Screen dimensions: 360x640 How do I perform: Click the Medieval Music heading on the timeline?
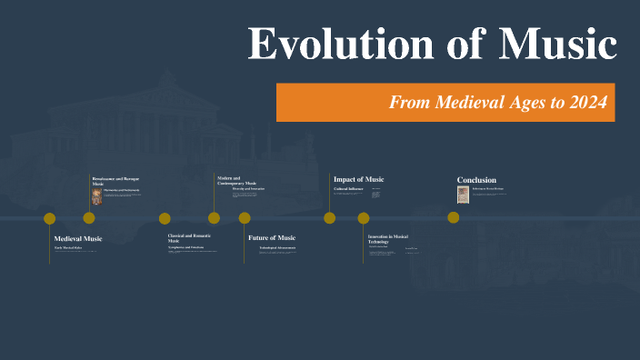(78, 238)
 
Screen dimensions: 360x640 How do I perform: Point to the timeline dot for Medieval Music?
(50, 218)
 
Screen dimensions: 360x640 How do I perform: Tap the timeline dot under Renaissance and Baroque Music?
(89, 218)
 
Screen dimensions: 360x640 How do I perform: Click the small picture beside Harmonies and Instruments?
(97, 196)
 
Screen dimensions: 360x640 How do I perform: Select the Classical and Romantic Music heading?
(189, 237)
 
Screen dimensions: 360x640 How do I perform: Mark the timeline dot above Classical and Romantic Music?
(165, 218)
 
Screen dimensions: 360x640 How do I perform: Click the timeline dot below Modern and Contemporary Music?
(214, 218)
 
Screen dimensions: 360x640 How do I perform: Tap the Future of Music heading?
(272, 237)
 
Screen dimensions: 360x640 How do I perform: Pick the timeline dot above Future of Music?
(245, 218)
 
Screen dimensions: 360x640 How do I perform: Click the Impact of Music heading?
(358, 179)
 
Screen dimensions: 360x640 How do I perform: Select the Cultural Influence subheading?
(348, 189)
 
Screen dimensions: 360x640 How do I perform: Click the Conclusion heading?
(476, 180)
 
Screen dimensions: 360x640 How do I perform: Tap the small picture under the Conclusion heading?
(463, 194)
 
